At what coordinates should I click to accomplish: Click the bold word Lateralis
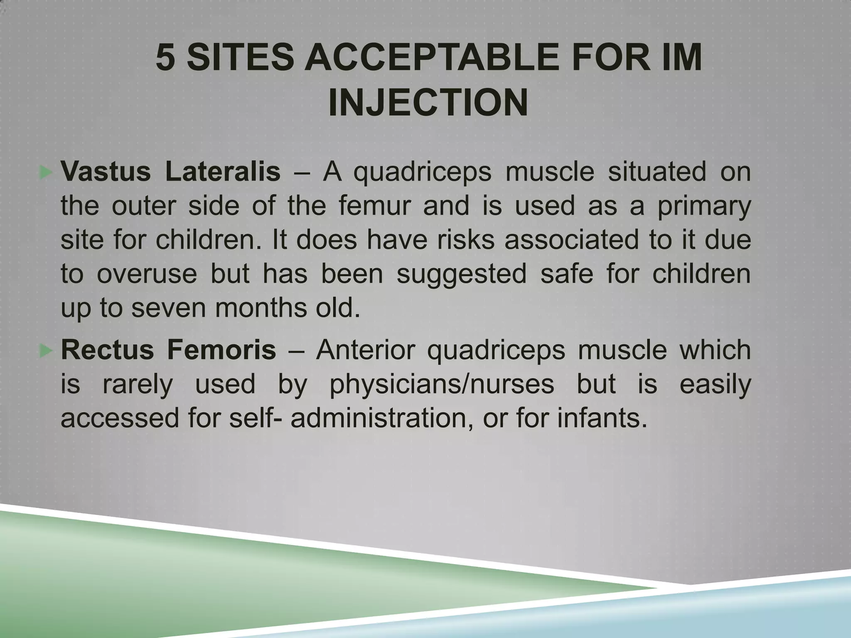pos(223,172)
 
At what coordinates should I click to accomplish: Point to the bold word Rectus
pos(107,350)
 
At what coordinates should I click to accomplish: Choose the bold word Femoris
pos(221,350)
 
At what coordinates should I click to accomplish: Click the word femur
pos(374,206)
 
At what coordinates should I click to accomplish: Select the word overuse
pos(147,274)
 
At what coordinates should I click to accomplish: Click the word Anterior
pos(366,350)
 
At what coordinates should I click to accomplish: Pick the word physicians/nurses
pos(442,385)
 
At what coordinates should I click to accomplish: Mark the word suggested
pos(461,275)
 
